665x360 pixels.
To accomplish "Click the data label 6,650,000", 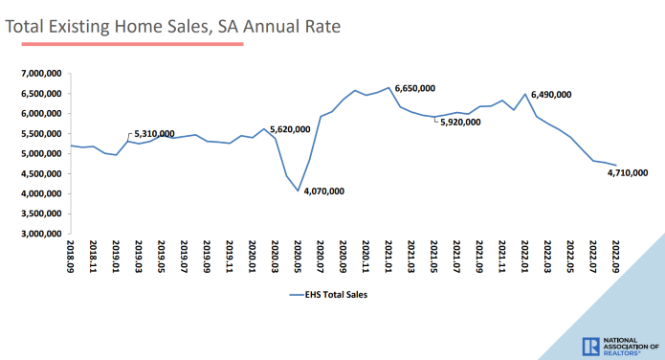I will coord(414,88).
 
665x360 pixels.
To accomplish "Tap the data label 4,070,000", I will coord(323,191).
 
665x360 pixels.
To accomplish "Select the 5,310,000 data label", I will coord(154,133).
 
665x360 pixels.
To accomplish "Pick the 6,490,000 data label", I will coord(550,95).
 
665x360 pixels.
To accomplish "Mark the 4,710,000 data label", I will coord(629,174).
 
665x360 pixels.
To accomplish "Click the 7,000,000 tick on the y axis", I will coord(39,74).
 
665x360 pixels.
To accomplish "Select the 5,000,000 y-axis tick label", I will coord(39,154).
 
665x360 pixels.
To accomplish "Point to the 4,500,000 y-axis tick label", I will coord(39,174).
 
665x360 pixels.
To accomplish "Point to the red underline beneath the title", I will coord(124,44).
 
